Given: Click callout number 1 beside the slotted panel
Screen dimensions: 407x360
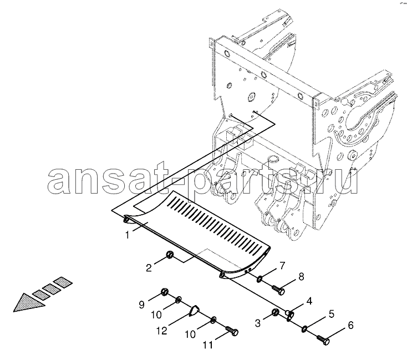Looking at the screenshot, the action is click(127, 235).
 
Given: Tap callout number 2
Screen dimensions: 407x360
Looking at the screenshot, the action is click(149, 268).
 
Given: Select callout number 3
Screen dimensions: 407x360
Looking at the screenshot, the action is click(257, 323).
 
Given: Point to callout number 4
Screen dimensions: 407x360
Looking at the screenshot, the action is click(309, 301).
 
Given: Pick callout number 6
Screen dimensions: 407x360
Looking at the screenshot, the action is click(350, 325).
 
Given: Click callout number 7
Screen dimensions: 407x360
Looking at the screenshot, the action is click(282, 266).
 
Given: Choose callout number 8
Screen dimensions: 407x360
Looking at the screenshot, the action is click(301, 277).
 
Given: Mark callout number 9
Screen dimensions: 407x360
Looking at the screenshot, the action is click(141, 305).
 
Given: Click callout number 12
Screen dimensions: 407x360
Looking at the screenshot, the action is click(162, 331).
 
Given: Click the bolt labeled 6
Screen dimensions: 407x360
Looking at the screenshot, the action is click(323, 339).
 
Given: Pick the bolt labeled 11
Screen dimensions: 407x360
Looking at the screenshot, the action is click(232, 331).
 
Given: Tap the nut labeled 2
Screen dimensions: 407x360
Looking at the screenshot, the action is click(169, 253).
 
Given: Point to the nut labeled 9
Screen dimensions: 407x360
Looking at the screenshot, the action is click(164, 292).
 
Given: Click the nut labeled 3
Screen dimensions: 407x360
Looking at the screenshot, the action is click(276, 312).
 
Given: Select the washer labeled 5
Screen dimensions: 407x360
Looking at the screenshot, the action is click(304, 328).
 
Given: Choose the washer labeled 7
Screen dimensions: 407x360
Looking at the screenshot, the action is click(259, 280).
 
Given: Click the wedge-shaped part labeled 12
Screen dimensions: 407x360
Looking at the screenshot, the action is click(194, 311).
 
